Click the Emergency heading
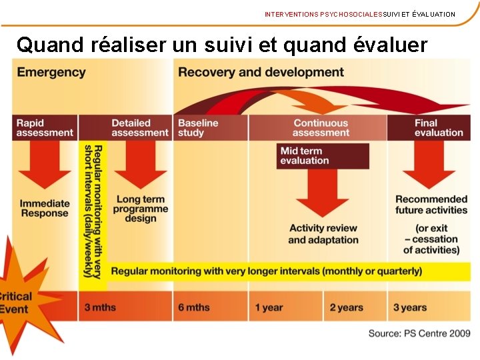click(x=51, y=72)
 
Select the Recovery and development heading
click(x=261, y=72)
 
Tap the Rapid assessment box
click(x=45, y=127)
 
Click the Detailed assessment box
click(x=140, y=127)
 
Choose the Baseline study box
click(x=198, y=127)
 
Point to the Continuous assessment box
click(x=321, y=127)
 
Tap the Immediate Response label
click(x=45, y=208)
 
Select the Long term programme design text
click(x=140, y=208)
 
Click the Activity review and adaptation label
click(x=323, y=233)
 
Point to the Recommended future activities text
click(x=431, y=204)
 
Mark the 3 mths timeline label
click(x=100, y=307)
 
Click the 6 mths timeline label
click(x=194, y=307)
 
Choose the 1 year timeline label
click(x=269, y=307)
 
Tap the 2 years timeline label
click(x=347, y=307)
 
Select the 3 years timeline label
click(x=410, y=307)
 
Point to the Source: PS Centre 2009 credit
click(x=419, y=333)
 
